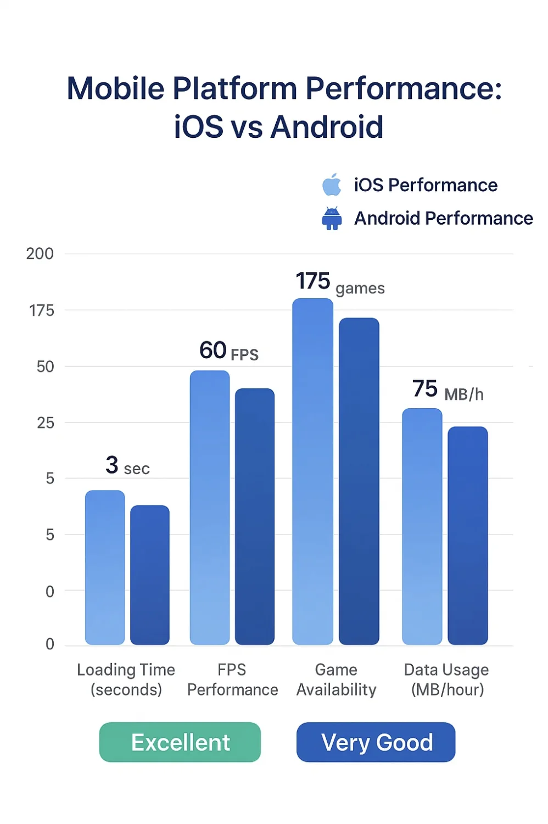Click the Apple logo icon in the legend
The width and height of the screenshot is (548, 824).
coord(332,185)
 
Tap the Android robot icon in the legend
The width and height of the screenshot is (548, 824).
coord(332,218)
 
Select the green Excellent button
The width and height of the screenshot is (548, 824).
coord(180,742)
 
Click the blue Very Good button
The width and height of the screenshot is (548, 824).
coord(376,742)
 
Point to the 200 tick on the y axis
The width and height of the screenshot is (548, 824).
coord(40,254)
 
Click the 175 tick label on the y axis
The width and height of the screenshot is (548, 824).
coord(42,311)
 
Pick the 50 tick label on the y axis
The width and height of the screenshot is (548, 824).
coord(45,367)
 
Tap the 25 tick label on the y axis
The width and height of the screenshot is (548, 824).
coord(45,423)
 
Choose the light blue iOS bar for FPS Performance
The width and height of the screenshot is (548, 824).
coord(210,508)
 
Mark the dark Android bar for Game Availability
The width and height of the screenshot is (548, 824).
coord(359,481)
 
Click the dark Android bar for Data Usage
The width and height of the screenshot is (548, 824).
coord(468,536)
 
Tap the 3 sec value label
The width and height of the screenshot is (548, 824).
coord(127,466)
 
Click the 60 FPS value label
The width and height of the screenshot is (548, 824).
coord(228,351)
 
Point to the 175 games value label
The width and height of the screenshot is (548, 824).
coord(340,283)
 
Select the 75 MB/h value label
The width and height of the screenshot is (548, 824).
coord(448,390)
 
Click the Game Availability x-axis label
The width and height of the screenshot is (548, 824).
coord(336,680)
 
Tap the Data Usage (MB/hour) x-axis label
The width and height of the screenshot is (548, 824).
coord(446,680)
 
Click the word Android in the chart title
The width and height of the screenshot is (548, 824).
coord(327,127)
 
